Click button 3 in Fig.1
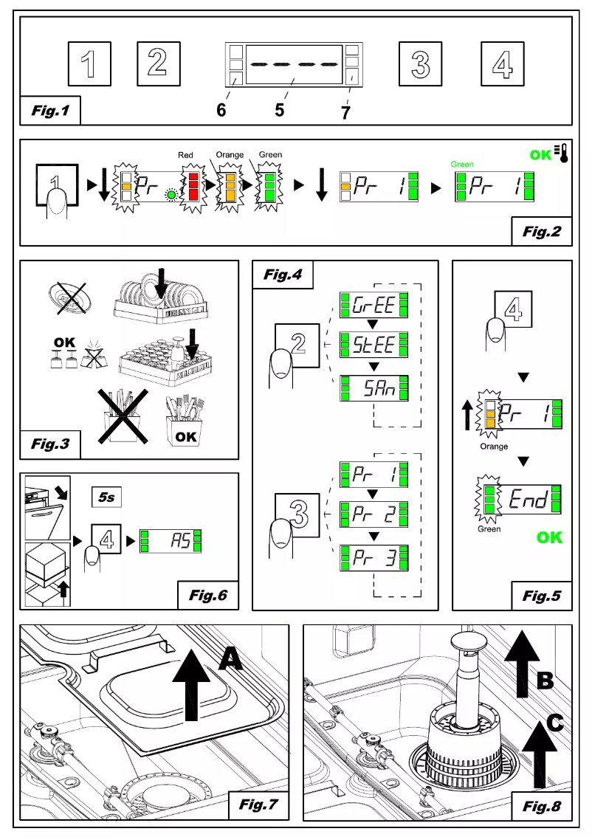coord(419,63)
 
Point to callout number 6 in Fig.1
coord(221,110)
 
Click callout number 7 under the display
coord(345,112)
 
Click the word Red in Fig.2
coord(185,156)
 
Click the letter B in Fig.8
coord(543,680)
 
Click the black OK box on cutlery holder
coord(186,435)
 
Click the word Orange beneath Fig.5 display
coord(493,447)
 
